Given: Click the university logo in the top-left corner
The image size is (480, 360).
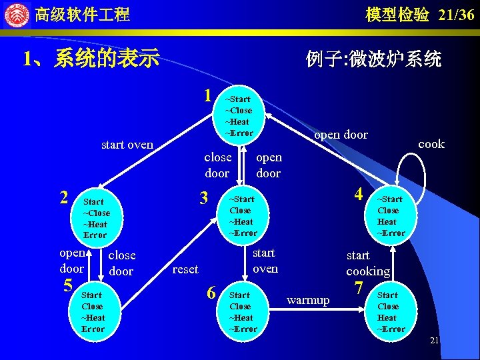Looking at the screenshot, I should pyautogui.click(x=16, y=14).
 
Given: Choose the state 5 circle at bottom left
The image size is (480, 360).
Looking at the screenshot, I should pyautogui.click(x=93, y=311).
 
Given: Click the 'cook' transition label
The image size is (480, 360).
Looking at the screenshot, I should pyautogui.click(x=431, y=144).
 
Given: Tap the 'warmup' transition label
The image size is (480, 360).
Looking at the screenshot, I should pyautogui.click(x=308, y=300).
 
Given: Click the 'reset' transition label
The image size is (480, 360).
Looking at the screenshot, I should pyautogui.click(x=185, y=269).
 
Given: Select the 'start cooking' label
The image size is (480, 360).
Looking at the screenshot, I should pyautogui.click(x=367, y=263).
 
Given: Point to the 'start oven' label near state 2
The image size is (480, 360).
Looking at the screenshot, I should pyautogui.click(x=127, y=145).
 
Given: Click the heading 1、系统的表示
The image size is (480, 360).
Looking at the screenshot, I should pyautogui.click(x=91, y=59).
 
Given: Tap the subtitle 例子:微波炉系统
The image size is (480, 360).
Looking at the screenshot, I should pyautogui.click(x=373, y=59).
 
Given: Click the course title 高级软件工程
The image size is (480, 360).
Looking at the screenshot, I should pyautogui.click(x=82, y=15).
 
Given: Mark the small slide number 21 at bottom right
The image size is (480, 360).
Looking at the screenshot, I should pyautogui.click(x=434, y=341).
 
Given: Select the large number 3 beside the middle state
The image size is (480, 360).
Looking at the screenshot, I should pyautogui.click(x=205, y=198).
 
